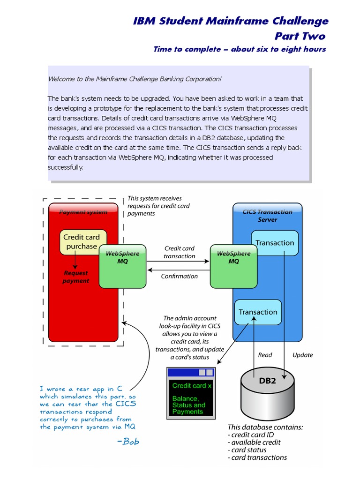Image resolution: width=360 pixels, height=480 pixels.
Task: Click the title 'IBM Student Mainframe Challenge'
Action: [x=231, y=21]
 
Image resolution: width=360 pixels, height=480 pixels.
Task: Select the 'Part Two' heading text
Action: [x=300, y=36]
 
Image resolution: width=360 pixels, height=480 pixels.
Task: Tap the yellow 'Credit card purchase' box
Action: [x=82, y=242]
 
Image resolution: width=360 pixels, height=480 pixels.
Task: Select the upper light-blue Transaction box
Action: [x=275, y=243]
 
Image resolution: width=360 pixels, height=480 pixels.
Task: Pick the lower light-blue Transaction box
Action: [x=258, y=312]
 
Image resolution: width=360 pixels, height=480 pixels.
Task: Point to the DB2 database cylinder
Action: [x=268, y=394]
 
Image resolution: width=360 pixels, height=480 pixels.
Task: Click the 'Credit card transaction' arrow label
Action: [x=179, y=252]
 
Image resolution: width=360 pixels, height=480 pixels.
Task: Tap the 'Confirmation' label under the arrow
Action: [x=179, y=277]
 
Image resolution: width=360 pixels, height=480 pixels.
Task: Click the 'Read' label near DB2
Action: [x=265, y=355]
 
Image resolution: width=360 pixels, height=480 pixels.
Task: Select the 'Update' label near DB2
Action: [x=302, y=355]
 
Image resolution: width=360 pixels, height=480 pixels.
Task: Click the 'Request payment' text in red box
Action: [x=75, y=277]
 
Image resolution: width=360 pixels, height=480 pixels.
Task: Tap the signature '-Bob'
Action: [x=127, y=441]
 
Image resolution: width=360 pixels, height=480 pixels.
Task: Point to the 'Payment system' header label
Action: [x=83, y=212]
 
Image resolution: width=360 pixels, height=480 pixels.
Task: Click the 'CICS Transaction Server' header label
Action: [x=267, y=216]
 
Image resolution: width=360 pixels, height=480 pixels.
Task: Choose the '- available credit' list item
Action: [x=255, y=442]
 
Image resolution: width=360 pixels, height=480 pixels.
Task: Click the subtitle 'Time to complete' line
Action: [x=240, y=49]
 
